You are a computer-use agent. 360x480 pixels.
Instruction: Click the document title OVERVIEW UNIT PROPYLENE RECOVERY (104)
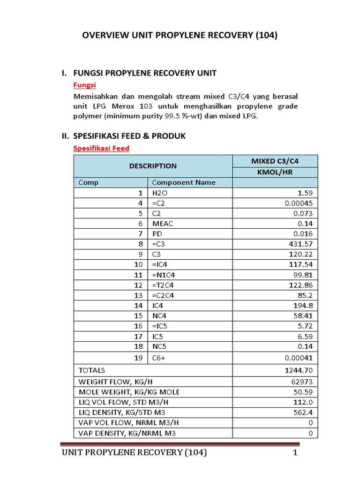click(180, 36)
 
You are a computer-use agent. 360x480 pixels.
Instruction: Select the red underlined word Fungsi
click(85, 85)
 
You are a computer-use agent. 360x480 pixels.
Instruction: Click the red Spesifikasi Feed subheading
click(101, 148)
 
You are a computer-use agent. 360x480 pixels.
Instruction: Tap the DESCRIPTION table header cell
click(153, 166)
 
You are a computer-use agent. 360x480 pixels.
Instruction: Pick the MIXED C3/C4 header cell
click(275, 161)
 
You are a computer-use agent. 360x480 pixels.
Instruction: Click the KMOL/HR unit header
click(275, 172)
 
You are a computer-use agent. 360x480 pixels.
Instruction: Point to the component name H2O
click(159, 193)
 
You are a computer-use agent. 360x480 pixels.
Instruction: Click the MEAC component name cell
click(163, 224)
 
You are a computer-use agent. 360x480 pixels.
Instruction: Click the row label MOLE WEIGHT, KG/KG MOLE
click(129, 392)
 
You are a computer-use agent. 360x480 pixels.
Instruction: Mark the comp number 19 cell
click(138, 358)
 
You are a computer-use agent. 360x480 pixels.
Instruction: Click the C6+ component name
click(159, 358)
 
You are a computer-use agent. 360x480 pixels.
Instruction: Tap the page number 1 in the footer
click(295, 453)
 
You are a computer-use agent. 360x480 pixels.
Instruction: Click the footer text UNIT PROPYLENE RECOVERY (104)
click(135, 453)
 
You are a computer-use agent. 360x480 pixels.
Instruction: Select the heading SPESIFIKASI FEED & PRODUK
click(129, 136)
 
